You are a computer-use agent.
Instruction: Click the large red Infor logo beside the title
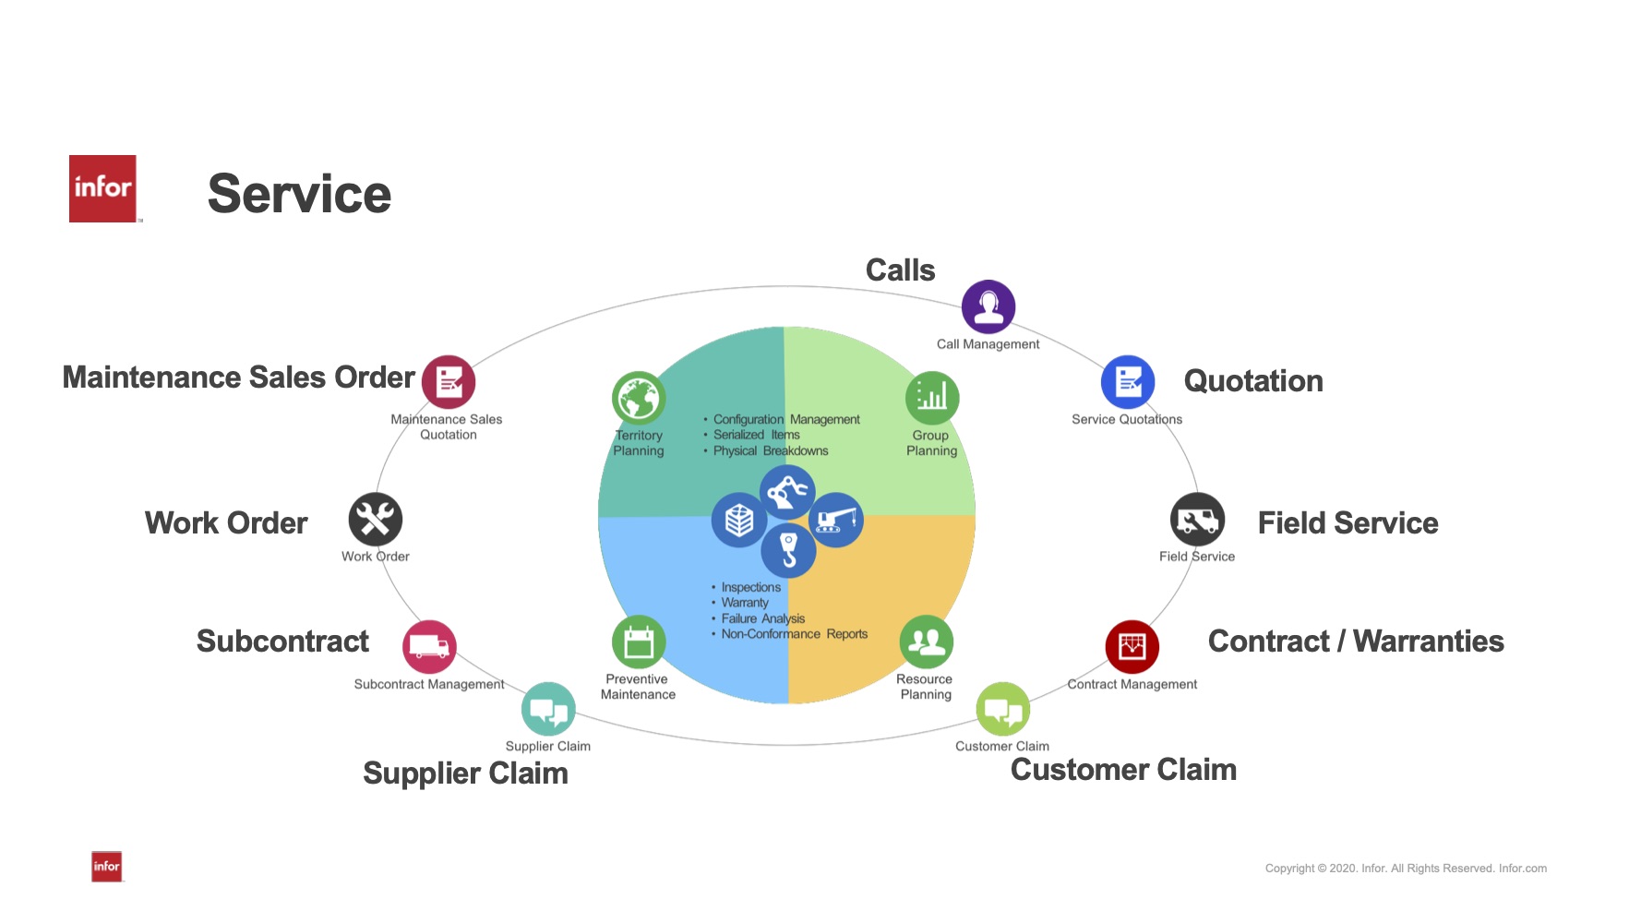[102, 188]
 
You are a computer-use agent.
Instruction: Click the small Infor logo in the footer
[107, 866]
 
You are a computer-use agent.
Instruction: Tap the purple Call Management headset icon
[988, 306]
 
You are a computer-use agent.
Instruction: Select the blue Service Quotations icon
[1128, 382]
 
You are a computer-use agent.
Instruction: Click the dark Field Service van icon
[1197, 521]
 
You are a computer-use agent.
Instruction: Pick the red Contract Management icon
[1132, 647]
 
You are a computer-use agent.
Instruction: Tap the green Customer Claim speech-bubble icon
[1003, 710]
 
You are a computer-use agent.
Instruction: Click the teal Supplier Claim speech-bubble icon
[548, 710]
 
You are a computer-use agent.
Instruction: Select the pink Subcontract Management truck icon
[429, 647]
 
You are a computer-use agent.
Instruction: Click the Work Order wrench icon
[376, 520]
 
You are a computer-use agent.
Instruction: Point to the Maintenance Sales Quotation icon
[449, 382]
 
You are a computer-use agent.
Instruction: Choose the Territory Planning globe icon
[639, 399]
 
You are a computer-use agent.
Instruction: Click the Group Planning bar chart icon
[932, 399]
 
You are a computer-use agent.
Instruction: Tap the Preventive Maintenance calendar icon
[639, 642]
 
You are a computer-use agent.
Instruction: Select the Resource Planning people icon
[926, 642]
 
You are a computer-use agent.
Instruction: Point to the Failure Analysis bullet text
[762, 618]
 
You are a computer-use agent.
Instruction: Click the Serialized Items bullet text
[756, 435]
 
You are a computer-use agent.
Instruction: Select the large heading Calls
[900, 270]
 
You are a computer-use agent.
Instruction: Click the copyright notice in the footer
[1406, 869]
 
